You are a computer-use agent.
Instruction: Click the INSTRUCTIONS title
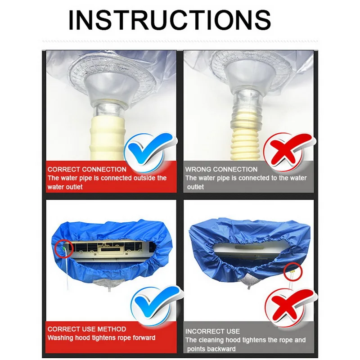(170, 20)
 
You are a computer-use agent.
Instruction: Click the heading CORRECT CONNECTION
(87, 170)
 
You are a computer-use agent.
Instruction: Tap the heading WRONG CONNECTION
(221, 170)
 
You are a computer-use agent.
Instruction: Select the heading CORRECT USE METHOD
(87, 329)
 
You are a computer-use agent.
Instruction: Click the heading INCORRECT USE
(213, 331)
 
